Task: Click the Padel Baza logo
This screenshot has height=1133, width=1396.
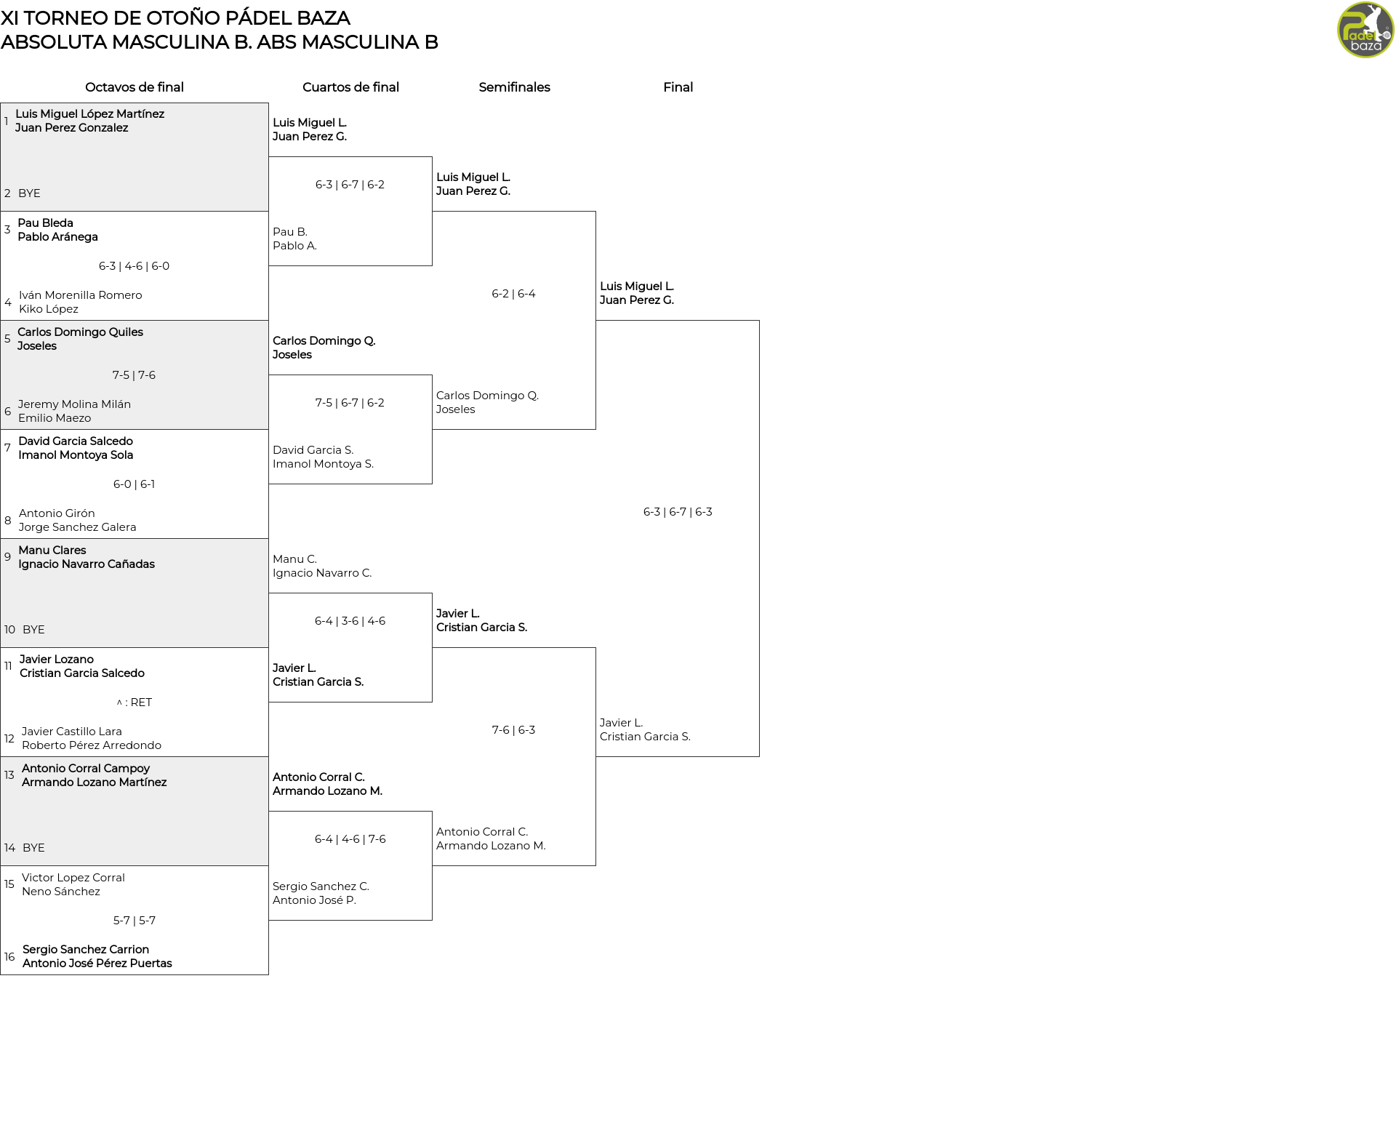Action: (x=1365, y=30)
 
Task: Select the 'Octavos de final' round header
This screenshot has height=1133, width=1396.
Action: (x=135, y=87)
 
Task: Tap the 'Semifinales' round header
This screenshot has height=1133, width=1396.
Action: (x=514, y=87)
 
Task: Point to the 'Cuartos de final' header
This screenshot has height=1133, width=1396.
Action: (x=350, y=87)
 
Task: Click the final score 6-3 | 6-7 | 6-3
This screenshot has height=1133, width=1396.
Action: (x=678, y=512)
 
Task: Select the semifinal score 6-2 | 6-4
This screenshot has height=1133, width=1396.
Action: (x=513, y=294)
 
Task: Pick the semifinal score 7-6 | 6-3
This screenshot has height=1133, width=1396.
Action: (x=513, y=730)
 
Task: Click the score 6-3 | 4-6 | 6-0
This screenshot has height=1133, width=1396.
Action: (x=134, y=266)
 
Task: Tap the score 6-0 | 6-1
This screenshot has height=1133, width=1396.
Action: (x=134, y=484)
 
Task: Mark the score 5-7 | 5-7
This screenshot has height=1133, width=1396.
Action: (x=135, y=921)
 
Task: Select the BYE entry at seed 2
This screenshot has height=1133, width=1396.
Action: (x=29, y=193)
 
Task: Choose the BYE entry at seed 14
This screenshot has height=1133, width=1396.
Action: (x=33, y=848)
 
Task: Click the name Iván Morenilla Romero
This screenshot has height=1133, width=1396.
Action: (x=81, y=295)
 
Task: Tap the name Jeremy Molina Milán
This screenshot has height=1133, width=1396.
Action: (x=74, y=404)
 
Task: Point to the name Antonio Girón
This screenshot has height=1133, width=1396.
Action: (x=57, y=513)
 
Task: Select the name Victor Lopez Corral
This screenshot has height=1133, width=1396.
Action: (x=73, y=878)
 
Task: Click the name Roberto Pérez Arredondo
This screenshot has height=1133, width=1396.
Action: (x=92, y=745)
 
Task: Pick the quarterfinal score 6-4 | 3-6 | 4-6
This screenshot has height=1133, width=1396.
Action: (x=350, y=621)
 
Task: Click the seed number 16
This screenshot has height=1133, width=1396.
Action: (x=9, y=957)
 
